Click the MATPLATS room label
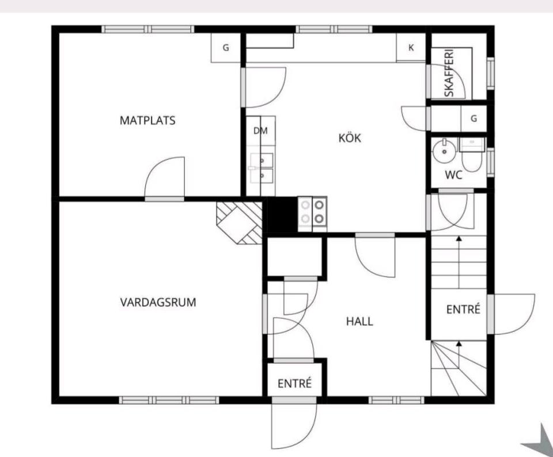147,120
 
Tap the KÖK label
350,138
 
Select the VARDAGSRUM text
158,303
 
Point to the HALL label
359,321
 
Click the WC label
453,175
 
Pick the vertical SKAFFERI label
449,73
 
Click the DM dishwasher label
260,131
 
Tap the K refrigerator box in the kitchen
411,48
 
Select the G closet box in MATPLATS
226,48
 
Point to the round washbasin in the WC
444,151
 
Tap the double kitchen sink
262,168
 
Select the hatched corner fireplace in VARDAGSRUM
240,223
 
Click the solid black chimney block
282,215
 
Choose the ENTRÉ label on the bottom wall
294,383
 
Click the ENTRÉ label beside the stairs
463,309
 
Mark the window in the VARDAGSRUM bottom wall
169,400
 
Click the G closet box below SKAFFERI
474,119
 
